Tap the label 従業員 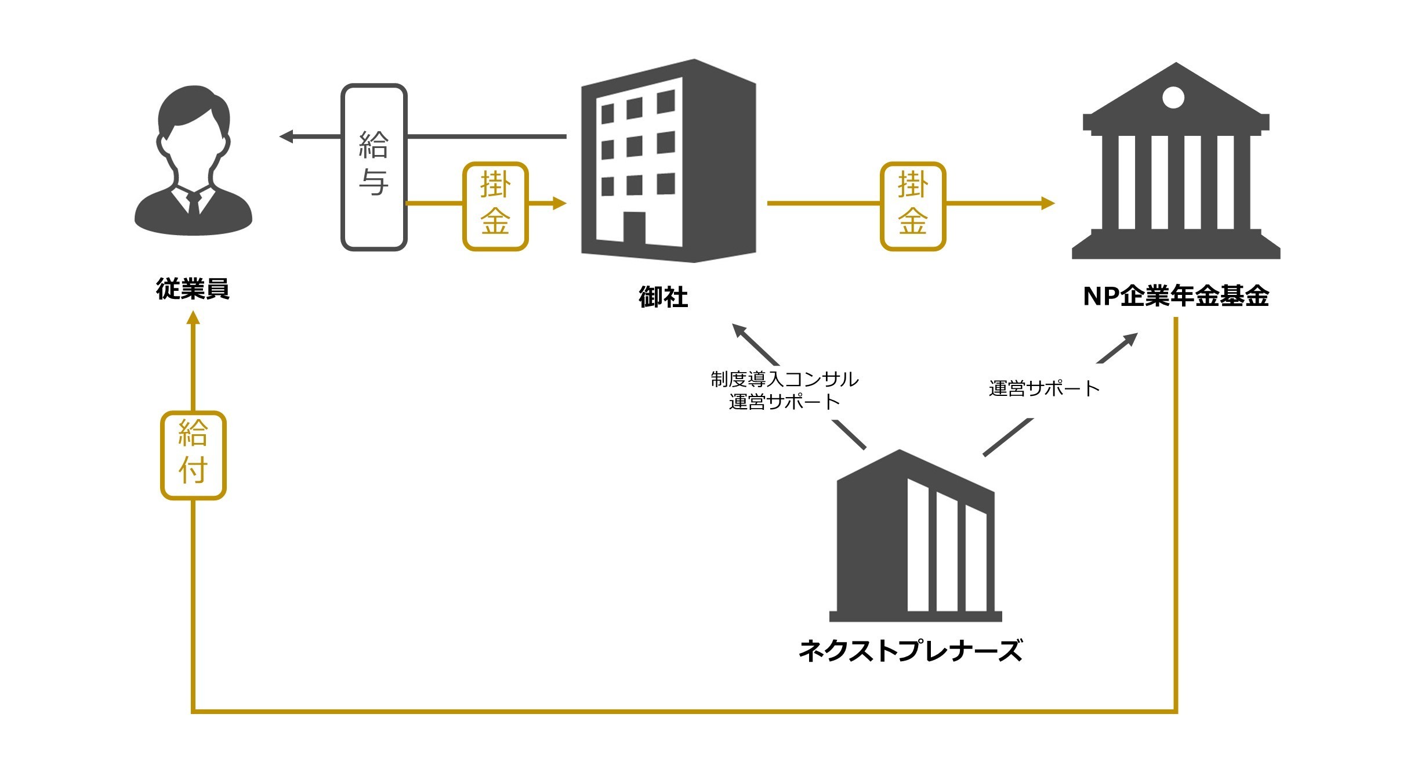[193, 289]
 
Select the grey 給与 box [374, 167]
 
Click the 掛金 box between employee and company [495, 206]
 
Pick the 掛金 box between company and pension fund [913, 206]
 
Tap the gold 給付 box [193, 455]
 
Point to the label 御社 [663, 297]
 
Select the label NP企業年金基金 [1176, 296]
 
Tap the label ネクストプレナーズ [911, 650]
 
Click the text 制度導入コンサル [785, 379]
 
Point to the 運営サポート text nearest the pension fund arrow [1044, 388]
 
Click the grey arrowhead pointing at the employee [286, 136]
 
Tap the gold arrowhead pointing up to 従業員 [193, 318]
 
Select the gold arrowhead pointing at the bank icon [1047, 203]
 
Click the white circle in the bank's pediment [1173, 98]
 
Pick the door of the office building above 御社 [634, 228]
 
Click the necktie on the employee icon [194, 203]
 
